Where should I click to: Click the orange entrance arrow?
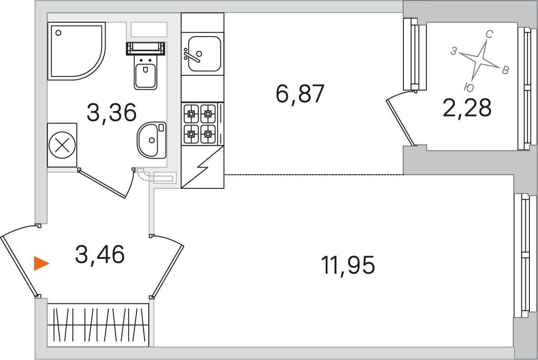pos(41,264)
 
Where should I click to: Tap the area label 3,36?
pos(112,112)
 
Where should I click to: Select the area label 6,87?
pos(300,94)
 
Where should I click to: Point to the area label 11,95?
pos(347,265)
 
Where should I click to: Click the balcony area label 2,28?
pos(467,108)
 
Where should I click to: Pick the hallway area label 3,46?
pos(99,254)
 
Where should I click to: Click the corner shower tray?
pos(76,51)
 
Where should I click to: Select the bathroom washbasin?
pos(151,140)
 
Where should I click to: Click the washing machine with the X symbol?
pos(62,145)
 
